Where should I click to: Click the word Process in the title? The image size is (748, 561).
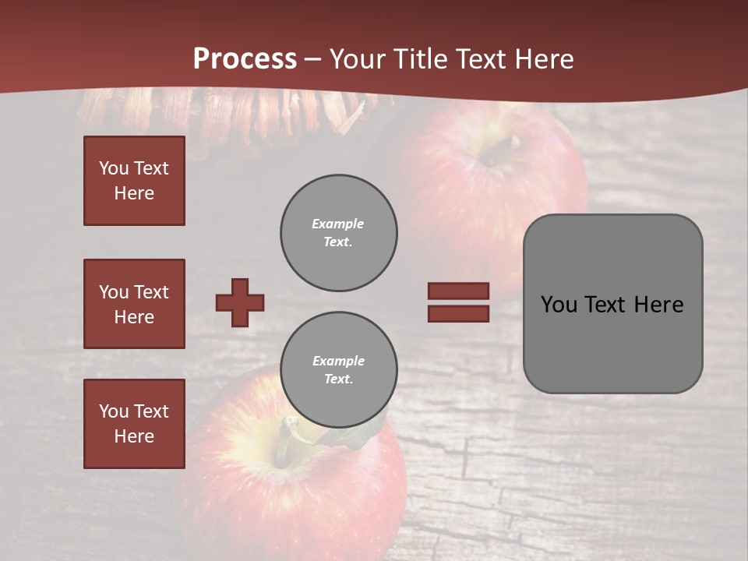click(245, 58)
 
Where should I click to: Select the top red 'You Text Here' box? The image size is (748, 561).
click(134, 181)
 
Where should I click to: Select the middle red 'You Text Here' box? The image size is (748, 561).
click(134, 304)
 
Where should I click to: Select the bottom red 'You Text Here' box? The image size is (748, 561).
click(134, 423)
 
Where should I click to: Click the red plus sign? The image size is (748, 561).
click(240, 302)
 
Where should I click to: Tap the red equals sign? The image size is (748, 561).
click(458, 302)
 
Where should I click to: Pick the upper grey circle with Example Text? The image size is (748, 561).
click(339, 232)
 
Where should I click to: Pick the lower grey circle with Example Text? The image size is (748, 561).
click(339, 369)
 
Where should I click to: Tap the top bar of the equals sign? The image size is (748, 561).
click(458, 291)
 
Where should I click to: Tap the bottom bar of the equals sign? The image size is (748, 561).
click(458, 313)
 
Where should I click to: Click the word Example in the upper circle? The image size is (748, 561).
click(338, 224)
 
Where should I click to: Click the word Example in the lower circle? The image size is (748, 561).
click(338, 361)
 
